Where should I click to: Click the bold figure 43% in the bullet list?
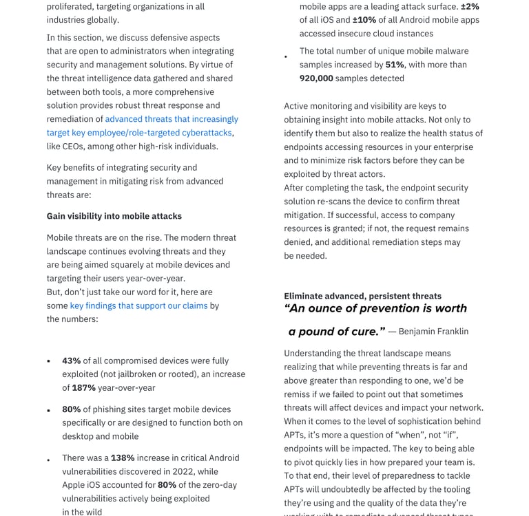click(x=71, y=361)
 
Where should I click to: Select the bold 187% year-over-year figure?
click(x=83, y=387)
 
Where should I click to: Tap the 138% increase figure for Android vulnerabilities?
click(x=123, y=458)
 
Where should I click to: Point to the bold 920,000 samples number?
click(x=316, y=78)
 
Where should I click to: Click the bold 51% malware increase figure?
click(x=395, y=65)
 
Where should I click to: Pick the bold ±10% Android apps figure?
click(x=364, y=20)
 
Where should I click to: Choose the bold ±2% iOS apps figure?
click(x=470, y=6)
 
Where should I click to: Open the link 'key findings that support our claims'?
click(x=138, y=305)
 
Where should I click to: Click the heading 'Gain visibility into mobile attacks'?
click(x=114, y=216)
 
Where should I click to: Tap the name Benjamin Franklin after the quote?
click(x=433, y=332)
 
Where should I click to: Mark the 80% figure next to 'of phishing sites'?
click(x=71, y=409)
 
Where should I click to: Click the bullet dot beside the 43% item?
click(x=48, y=361)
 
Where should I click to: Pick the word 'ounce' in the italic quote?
click(x=329, y=308)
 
